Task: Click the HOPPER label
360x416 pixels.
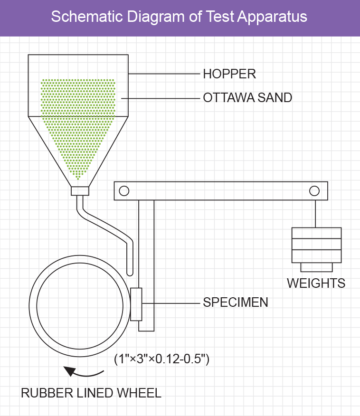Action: pyautogui.click(x=229, y=74)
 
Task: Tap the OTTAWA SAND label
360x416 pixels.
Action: pyautogui.click(x=247, y=98)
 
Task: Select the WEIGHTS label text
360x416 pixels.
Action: pyautogui.click(x=316, y=284)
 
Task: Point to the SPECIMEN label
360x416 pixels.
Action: pyautogui.click(x=236, y=303)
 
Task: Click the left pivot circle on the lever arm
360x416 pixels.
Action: pyautogui.click(x=124, y=191)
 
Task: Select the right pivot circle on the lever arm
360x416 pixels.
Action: pyautogui.click(x=314, y=191)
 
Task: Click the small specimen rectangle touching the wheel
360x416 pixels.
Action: pyautogui.click(x=136, y=304)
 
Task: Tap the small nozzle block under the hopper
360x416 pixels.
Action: pyautogui.click(x=80, y=191)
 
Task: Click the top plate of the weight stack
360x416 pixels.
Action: pyautogui.click(x=316, y=233)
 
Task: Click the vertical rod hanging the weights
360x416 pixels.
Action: pyautogui.click(x=314, y=214)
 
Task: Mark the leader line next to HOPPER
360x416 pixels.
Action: pyautogui.click(x=163, y=74)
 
